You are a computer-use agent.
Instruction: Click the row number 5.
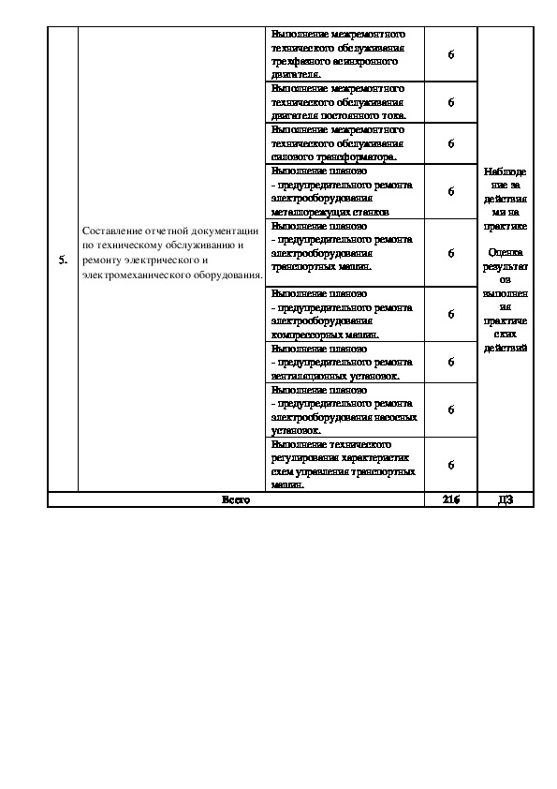62,260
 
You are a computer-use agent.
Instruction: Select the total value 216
450,499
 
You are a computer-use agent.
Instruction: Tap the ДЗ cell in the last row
506,499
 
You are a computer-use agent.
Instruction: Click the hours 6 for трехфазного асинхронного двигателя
450,54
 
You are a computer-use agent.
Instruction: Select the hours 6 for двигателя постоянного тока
450,102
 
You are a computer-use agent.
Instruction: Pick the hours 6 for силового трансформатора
450,143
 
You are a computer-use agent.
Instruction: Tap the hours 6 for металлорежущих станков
450,191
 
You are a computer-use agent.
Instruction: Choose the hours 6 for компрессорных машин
450,314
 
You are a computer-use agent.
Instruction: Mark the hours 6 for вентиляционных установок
450,362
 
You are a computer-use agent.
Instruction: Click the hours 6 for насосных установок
450,409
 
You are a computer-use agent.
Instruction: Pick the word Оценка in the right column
506,252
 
